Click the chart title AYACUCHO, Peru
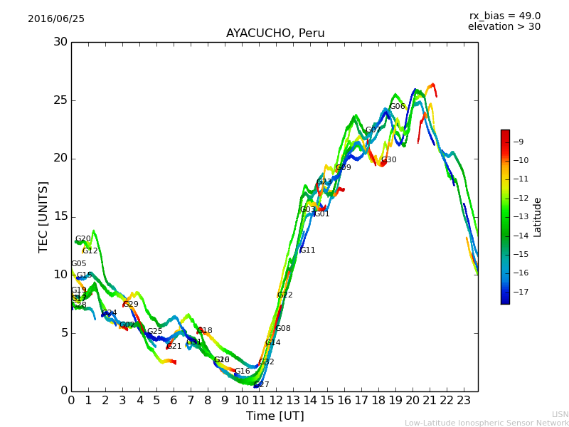275,33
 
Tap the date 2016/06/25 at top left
56,19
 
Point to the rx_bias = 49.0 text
504,16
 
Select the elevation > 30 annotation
504,27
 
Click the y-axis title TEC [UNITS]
44,216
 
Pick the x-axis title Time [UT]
275,416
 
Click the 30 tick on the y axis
60,42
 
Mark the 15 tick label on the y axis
60,216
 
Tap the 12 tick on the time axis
276,401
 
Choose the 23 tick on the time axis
464,401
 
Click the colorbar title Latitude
538,217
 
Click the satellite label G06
397,107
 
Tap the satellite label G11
307,251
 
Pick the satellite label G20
83,239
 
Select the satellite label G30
388,160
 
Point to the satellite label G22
284,295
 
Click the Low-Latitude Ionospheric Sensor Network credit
486,423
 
